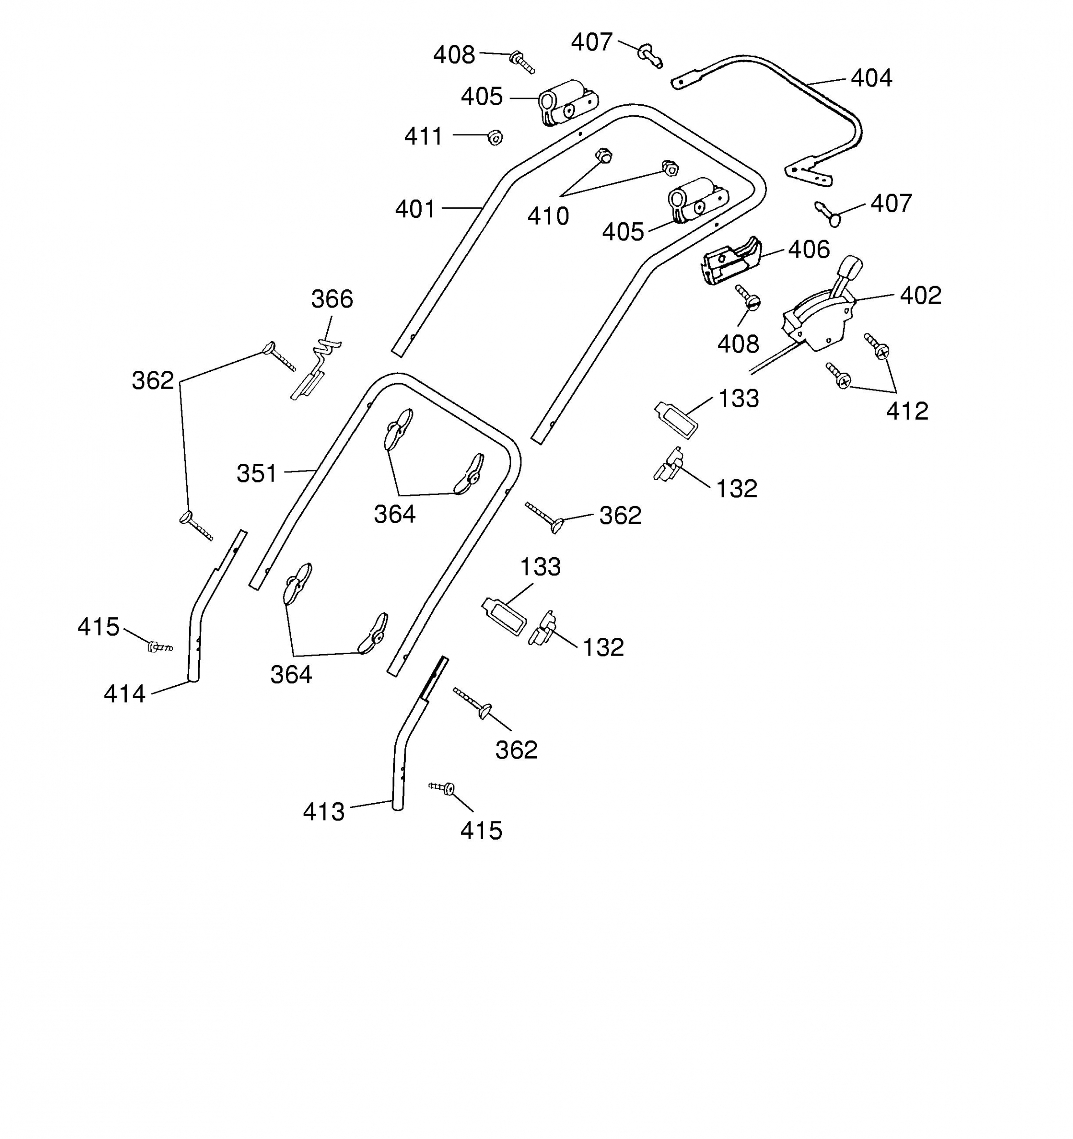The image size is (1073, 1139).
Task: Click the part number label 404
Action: click(871, 78)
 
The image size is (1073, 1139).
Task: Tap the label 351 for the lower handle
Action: click(257, 473)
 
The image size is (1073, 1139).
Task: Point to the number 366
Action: click(332, 299)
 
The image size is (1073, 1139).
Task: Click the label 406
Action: click(809, 249)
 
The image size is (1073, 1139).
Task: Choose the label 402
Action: click(921, 295)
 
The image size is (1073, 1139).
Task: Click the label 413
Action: click(324, 812)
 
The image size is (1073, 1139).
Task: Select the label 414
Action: click(124, 694)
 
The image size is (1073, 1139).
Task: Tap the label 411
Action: click(423, 136)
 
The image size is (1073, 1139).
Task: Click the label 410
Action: click(548, 216)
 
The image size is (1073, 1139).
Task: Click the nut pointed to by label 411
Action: click(495, 137)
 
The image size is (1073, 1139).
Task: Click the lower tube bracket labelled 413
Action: click(414, 734)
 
